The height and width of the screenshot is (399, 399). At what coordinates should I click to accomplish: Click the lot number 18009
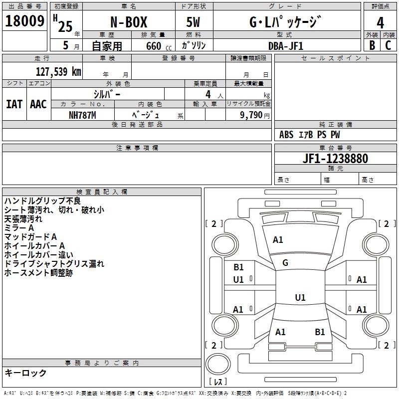click(24, 21)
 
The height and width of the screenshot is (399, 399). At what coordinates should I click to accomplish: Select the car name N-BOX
click(128, 22)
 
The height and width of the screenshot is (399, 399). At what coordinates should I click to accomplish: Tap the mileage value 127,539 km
click(58, 72)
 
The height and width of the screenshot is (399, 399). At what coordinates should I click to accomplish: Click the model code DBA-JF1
click(285, 45)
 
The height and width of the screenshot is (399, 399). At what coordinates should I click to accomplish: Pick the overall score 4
click(380, 22)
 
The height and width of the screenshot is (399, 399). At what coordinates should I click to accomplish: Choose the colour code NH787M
click(82, 115)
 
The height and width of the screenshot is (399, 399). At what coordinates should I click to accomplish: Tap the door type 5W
click(194, 22)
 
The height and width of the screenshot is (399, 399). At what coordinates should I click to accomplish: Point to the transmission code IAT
click(14, 104)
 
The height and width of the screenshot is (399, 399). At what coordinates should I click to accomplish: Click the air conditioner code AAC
click(38, 104)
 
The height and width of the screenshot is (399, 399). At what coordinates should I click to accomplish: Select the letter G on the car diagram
click(285, 263)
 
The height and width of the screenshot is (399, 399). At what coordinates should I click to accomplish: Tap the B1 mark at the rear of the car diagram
click(320, 332)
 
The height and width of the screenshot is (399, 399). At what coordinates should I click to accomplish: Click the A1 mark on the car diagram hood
click(278, 240)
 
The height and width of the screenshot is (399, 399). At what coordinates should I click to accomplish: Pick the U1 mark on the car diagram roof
click(300, 298)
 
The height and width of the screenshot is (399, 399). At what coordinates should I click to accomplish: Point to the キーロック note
click(25, 373)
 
